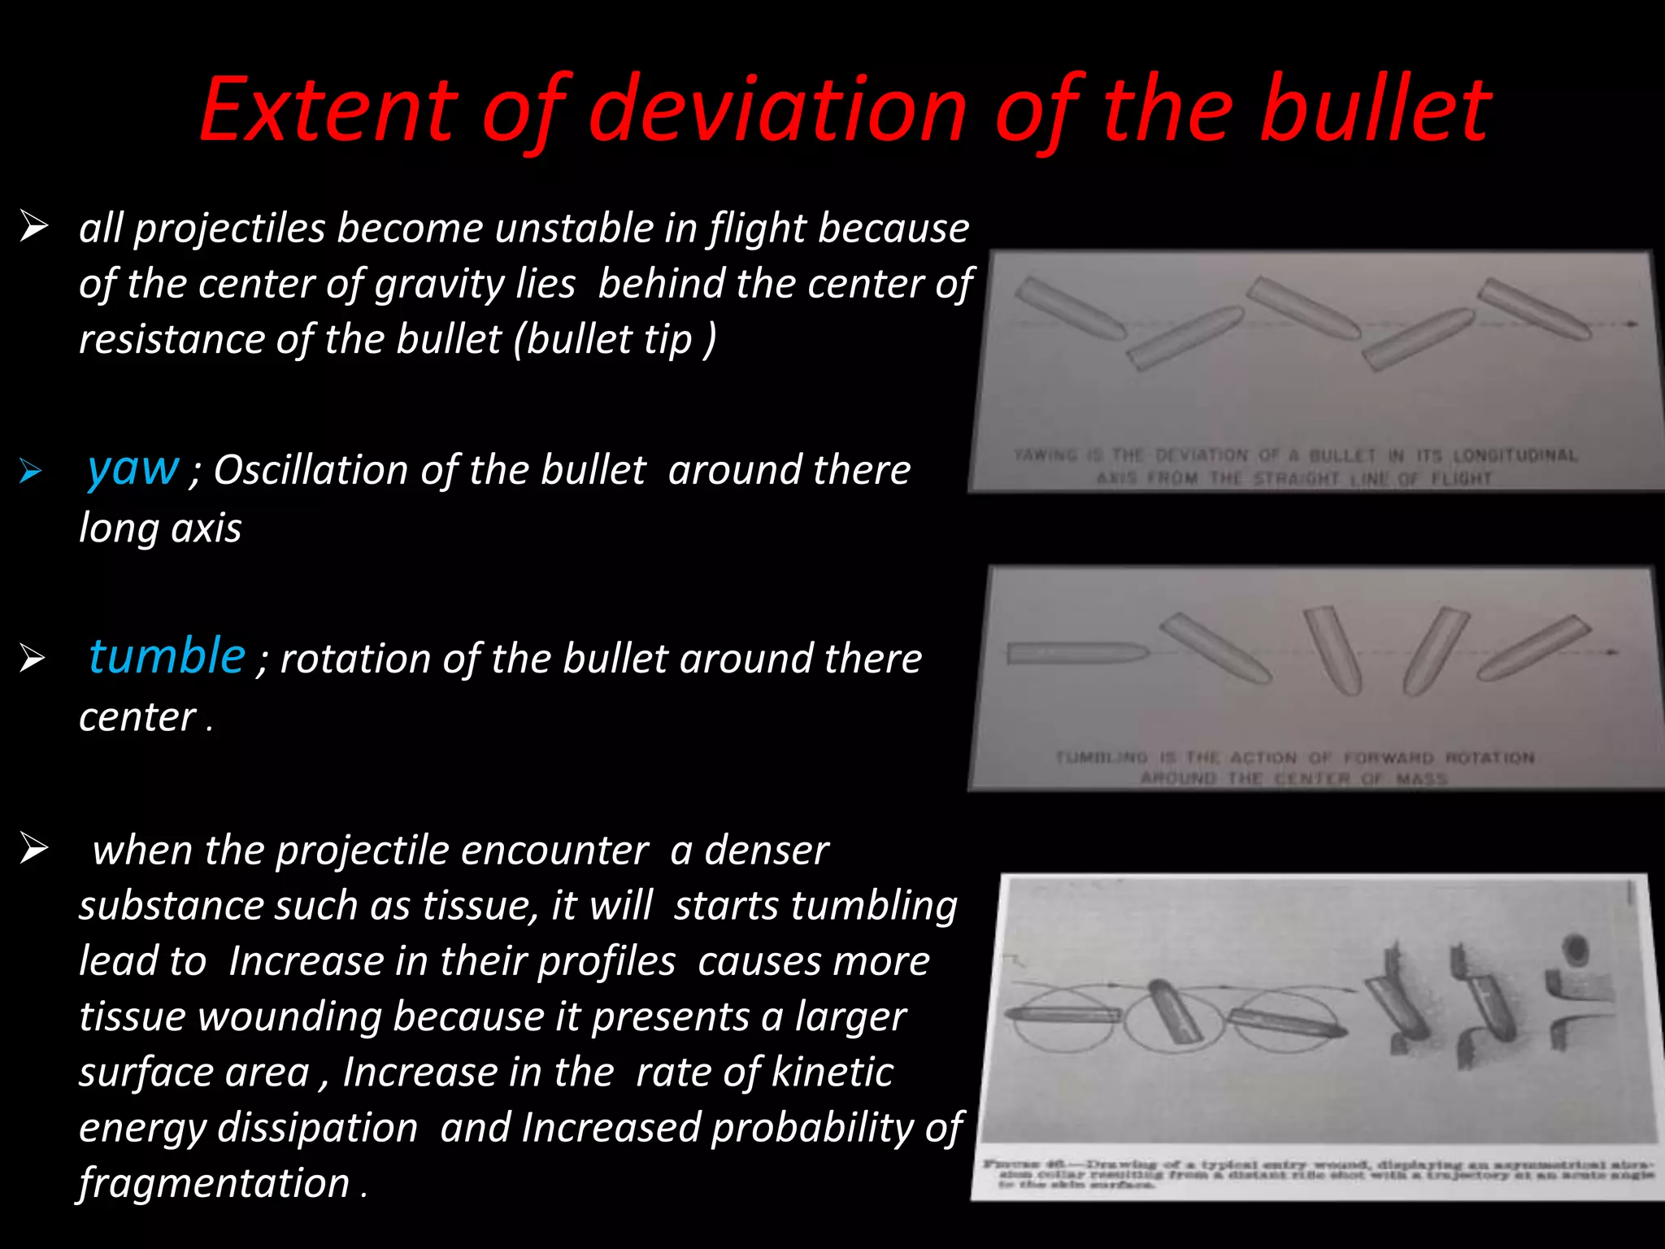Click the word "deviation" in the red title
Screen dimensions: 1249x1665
pyautogui.click(x=777, y=109)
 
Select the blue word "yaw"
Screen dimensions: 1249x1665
pyautogui.click(x=133, y=468)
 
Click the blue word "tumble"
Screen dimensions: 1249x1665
pyautogui.click(x=167, y=656)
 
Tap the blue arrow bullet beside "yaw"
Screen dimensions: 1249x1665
pyautogui.click(x=31, y=471)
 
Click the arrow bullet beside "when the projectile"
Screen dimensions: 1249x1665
pyautogui.click(x=34, y=849)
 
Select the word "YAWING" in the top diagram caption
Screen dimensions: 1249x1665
pyautogui.click(x=1046, y=455)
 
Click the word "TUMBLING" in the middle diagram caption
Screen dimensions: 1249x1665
pyautogui.click(x=1101, y=758)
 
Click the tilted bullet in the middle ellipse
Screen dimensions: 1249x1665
pyautogui.click(x=1176, y=1011)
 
